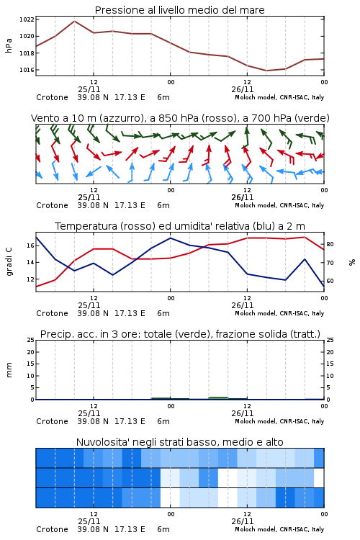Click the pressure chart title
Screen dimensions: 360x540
click(179, 10)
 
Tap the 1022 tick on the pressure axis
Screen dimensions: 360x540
click(27, 19)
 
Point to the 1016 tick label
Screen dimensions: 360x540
click(27, 70)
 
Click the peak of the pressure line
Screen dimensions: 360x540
click(74, 22)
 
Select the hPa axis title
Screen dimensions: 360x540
click(9, 45)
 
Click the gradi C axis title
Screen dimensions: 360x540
click(9, 262)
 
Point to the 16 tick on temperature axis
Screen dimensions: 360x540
click(30, 246)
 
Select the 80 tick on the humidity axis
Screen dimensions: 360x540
click(330, 244)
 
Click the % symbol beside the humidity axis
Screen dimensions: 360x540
click(352, 262)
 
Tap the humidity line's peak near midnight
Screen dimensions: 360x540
click(170, 238)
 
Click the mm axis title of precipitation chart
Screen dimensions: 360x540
click(9, 370)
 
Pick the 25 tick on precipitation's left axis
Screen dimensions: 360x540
click(30, 340)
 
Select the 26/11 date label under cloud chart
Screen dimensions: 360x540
click(242, 521)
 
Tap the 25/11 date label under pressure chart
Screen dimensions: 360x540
click(89, 89)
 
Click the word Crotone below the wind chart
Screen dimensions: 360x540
click(52, 205)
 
